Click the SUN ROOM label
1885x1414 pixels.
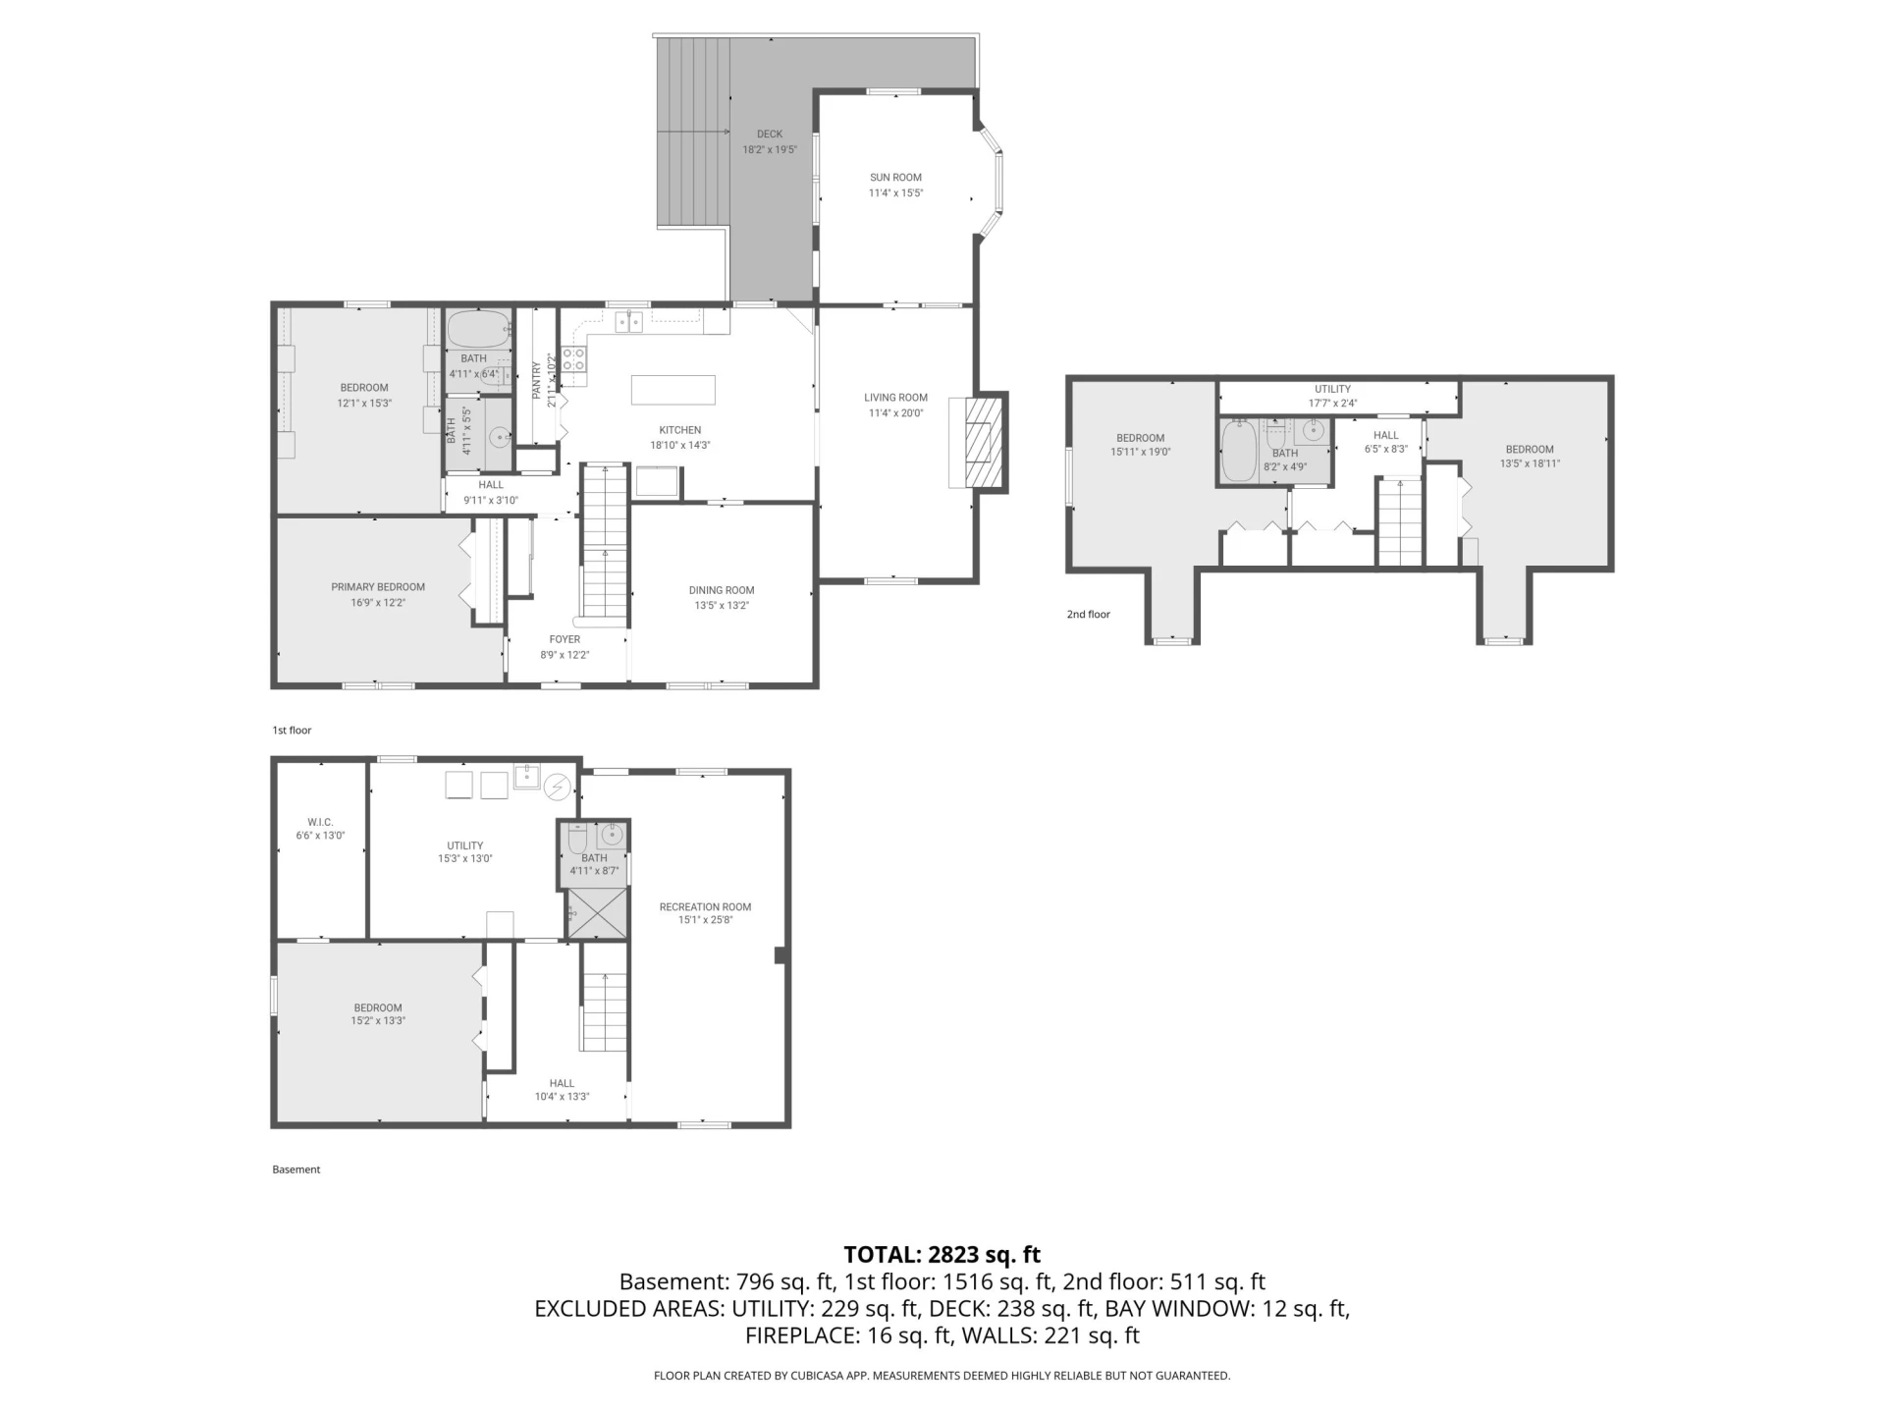point(895,178)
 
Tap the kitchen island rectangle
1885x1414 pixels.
point(673,390)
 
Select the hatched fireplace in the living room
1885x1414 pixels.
point(984,442)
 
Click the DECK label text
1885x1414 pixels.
point(770,135)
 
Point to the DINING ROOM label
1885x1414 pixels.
point(722,590)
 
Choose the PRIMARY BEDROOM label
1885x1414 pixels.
point(378,587)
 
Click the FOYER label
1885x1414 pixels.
point(565,639)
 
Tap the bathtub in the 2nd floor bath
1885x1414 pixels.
point(1239,452)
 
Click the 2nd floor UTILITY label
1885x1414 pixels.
point(1332,389)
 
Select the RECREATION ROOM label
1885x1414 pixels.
point(705,907)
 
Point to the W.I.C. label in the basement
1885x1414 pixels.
point(320,822)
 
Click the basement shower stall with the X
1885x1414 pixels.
point(596,912)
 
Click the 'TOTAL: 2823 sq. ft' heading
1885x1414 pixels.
point(942,1254)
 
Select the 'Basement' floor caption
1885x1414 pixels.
point(296,1169)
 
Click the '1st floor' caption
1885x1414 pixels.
point(292,731)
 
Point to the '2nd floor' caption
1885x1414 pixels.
point(1089,615)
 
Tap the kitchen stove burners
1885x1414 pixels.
point(573,359)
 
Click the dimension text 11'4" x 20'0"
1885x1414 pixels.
point(895,413)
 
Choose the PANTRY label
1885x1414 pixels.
point(536,381)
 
